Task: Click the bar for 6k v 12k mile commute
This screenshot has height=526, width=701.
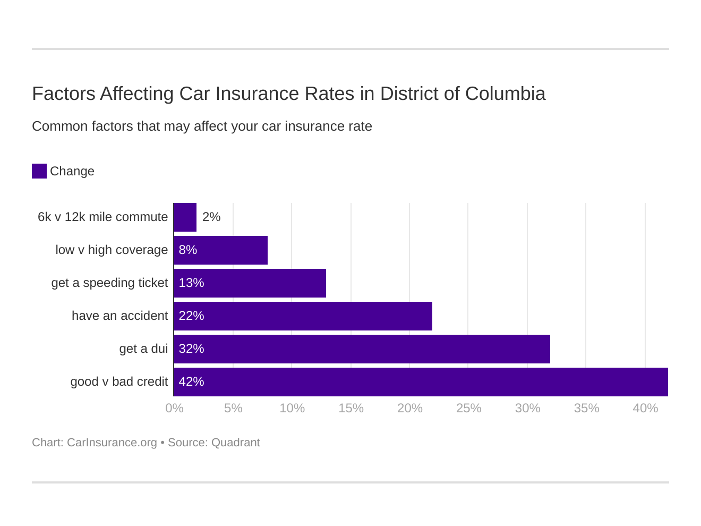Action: (185, 217)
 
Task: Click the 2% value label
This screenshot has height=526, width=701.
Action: (211, 217)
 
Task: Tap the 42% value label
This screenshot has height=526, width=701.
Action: (191, 381)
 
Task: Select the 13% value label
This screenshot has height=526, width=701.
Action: (191, 283)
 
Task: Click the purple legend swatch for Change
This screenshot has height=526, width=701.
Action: (39, 171)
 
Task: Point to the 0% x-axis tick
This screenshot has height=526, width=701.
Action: (174, 408)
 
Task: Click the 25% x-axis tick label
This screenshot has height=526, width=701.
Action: (468, 408)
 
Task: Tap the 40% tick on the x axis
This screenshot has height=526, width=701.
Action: (645, 408)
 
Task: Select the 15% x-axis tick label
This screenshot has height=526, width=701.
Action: (351, 408)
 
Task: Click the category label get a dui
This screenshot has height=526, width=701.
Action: (143, 349)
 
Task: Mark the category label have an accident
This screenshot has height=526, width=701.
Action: (119, 316)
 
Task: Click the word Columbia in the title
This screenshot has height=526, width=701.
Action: (505, 94)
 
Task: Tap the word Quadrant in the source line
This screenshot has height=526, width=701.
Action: (235, 443)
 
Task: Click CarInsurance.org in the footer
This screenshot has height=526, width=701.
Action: (112, 443)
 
